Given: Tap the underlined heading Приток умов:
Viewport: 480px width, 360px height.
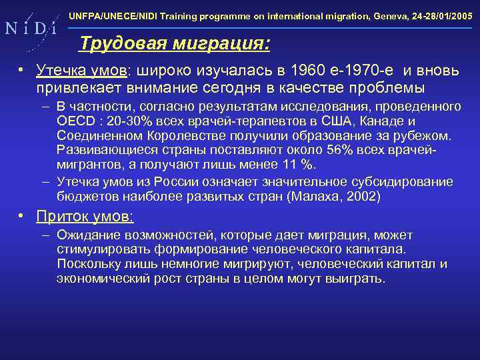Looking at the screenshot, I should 85,217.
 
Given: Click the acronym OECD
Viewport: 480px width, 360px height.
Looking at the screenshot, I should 73,121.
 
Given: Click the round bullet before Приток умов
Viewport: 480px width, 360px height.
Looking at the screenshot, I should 21,216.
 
